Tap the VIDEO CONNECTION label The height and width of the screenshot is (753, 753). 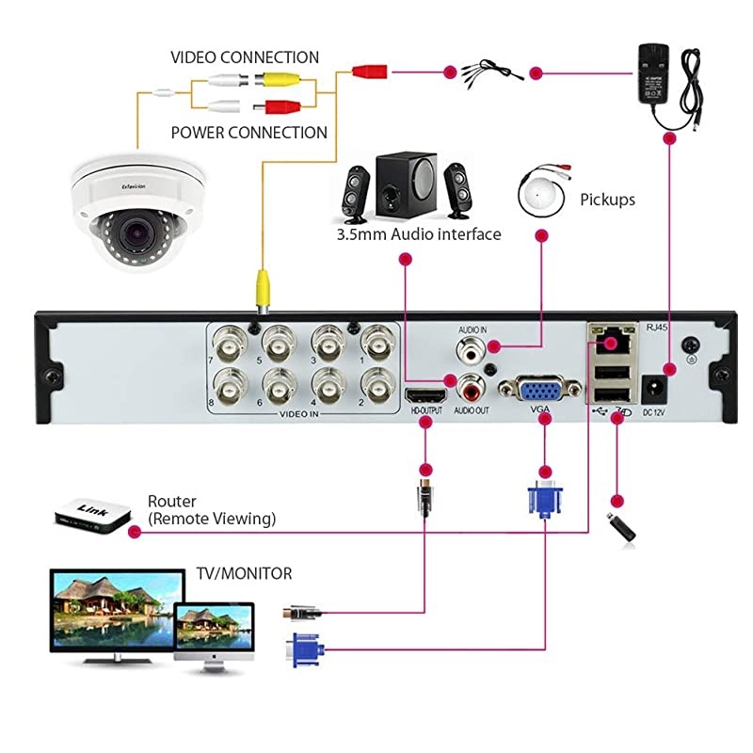click(244, 57)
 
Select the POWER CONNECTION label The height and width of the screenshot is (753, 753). click(248, 133)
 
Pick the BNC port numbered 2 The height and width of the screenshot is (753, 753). click(377, 385)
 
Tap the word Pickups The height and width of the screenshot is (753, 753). click(607, 200)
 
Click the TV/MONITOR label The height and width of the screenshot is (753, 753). click(244, 573)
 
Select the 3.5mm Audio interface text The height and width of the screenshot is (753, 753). click(418, 233)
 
